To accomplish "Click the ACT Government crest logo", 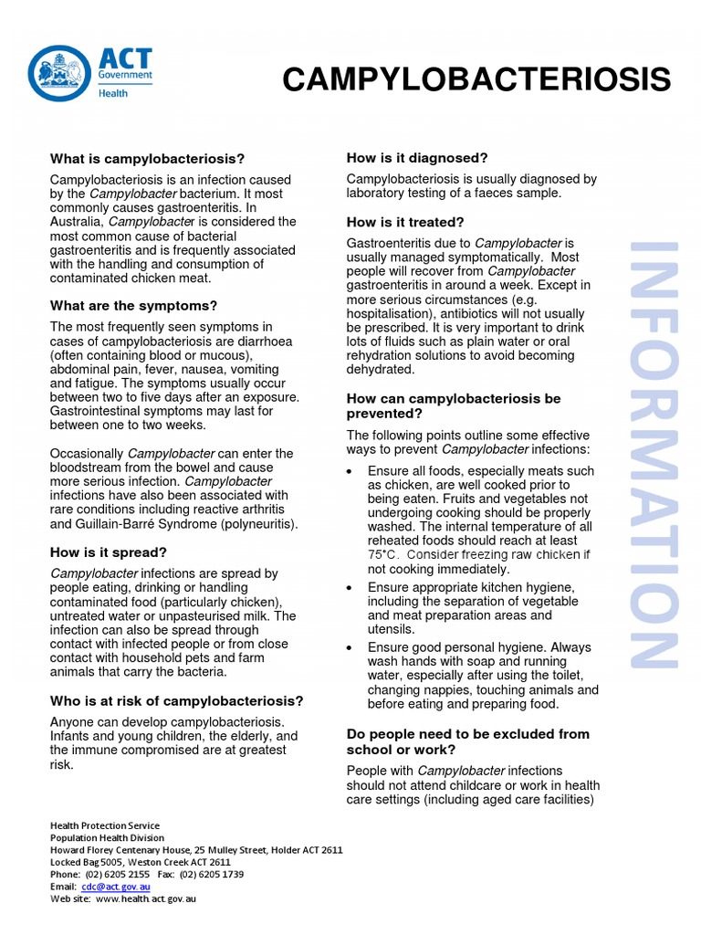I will coord(58,74).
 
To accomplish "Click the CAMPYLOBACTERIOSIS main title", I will coord(476,80).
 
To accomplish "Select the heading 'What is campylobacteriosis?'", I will coord(147,159).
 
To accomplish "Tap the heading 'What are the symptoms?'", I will coord(133,306).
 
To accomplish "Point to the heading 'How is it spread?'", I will coord(109,552).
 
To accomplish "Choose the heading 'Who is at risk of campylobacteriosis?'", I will coord(176,701).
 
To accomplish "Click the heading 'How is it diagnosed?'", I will coord(417,158).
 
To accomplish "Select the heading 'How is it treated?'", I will coord(405,222).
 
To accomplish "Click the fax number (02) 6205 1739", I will coord(212,874).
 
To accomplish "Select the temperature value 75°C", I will coord(383,554).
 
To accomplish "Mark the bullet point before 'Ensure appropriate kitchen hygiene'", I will coord(351,587).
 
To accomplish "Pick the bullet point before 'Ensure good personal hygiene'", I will coord(351,646).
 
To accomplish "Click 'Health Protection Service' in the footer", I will coord(105,825).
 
